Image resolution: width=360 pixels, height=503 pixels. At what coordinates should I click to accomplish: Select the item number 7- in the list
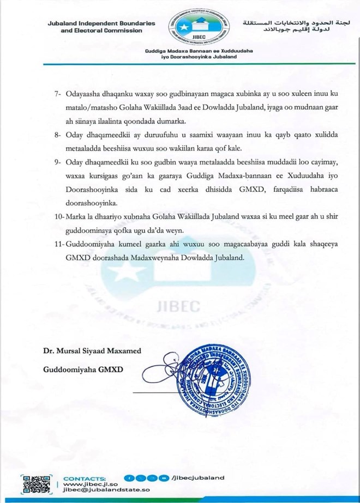[x=59, y=93]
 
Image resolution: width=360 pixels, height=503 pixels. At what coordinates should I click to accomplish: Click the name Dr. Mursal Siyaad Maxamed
[x=92, y=352]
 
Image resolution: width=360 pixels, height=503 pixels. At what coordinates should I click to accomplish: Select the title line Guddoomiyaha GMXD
[x=83, y=369]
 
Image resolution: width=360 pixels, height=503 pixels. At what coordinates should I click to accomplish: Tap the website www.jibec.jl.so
[x=88, y=483]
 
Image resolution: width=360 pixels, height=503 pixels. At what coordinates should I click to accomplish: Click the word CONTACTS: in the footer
[x=85, y=477]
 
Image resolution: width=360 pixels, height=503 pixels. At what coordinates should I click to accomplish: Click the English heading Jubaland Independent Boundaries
[x=101, y=23]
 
